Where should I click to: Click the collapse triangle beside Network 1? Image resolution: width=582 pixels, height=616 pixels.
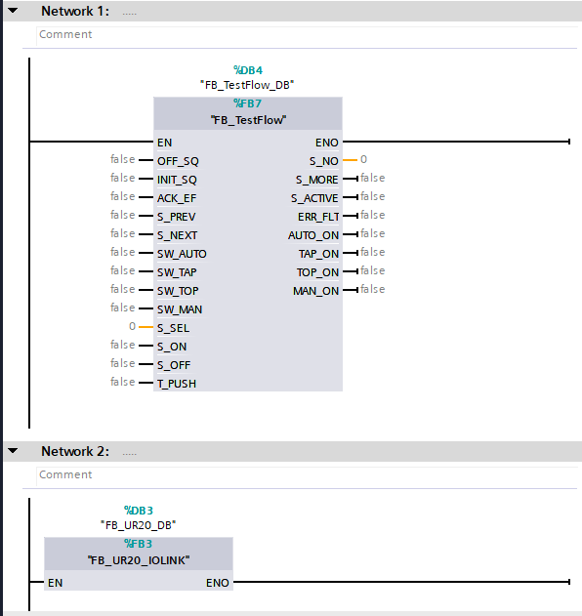point(13,11)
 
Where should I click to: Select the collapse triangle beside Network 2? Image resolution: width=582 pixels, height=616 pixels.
point(13,451)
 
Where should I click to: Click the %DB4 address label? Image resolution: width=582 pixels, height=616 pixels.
point(248,70)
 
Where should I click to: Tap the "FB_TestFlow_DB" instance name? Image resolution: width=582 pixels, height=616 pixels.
point(247,85)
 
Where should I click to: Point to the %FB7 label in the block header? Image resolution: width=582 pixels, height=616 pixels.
point(248,103)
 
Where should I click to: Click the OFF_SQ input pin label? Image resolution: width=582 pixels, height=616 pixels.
point(178,161)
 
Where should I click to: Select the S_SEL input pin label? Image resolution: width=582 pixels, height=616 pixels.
point(173,328)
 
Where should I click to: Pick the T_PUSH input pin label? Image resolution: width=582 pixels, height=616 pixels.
point(177,384)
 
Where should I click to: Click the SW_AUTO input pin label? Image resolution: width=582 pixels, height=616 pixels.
point(182,254)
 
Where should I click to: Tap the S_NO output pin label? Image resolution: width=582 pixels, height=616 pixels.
point(324,161)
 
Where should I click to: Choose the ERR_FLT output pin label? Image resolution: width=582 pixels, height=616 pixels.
point(318,217)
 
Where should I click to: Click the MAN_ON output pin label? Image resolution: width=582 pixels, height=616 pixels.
point(316,291)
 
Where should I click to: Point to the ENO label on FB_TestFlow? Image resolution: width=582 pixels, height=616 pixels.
point(326,143)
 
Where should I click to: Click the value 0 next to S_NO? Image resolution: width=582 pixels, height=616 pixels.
point(364,159)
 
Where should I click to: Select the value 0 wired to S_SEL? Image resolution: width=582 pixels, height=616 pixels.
point(133,326)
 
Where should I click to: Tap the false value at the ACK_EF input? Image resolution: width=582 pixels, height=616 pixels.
point(123,196)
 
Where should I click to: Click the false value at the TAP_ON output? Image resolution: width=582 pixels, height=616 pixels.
point(373,252)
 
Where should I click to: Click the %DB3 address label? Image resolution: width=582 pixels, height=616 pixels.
point(139,511)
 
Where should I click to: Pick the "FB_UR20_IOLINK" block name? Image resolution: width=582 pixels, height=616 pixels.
point(139,560)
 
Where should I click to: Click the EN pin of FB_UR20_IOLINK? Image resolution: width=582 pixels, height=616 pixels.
point(55,583)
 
